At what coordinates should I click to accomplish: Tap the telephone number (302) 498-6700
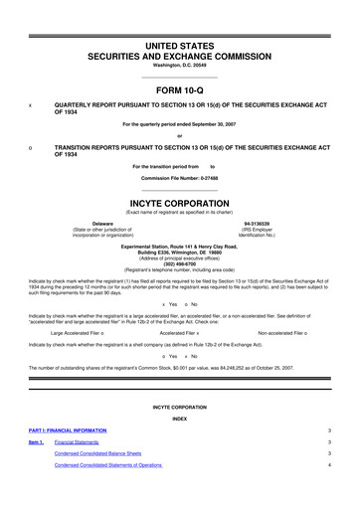pyautogui.click(x=180, y=250)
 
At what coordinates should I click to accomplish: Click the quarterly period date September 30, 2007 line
pyautogui.click(x=180, y=123)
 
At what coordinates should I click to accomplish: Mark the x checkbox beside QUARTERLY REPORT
pyautogui.click(x=31, y=103)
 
